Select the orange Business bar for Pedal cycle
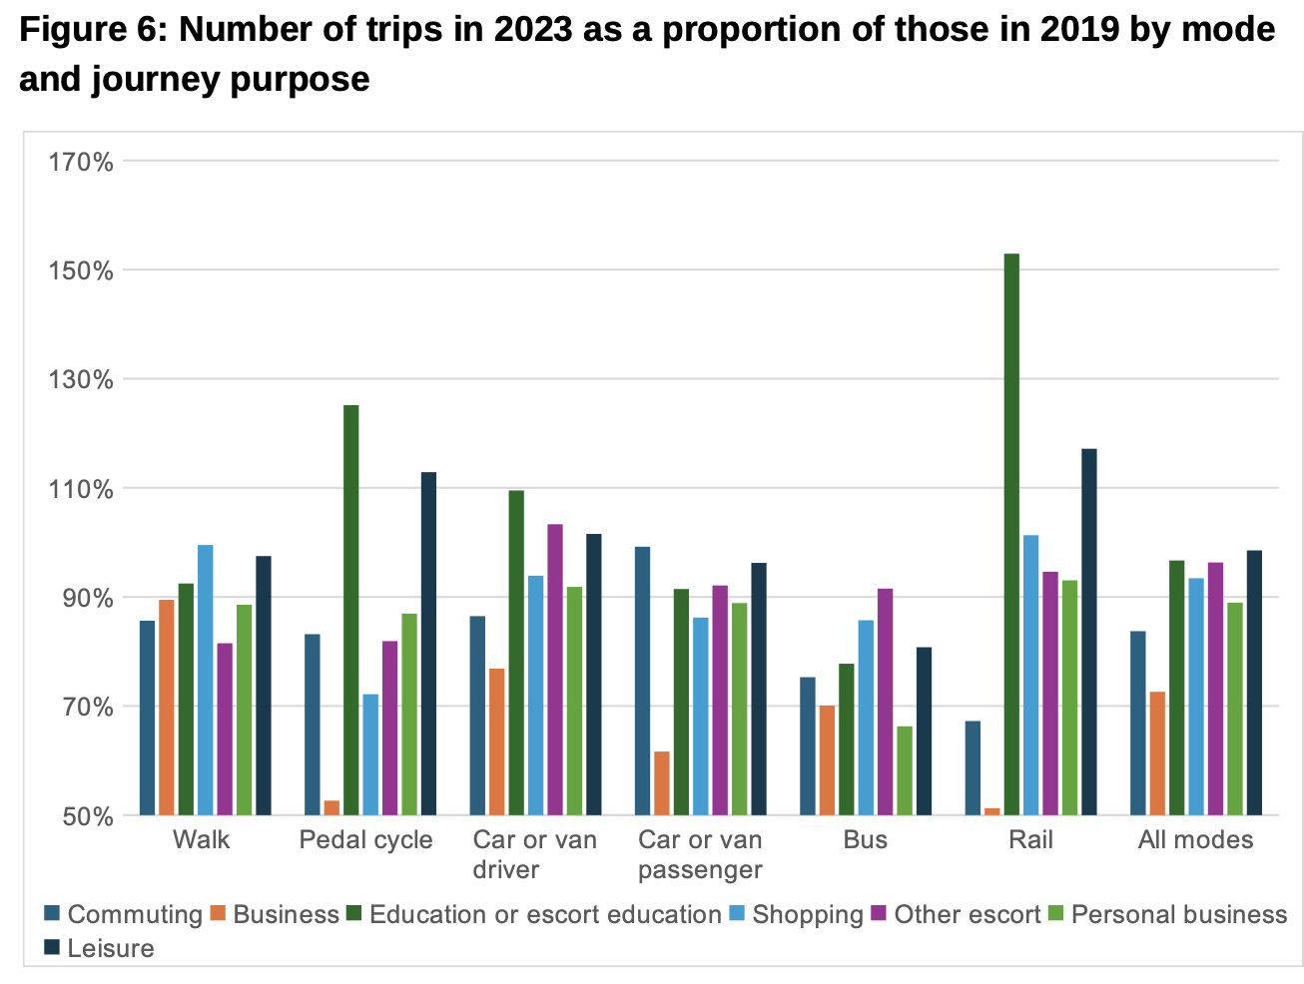tap(331, 807)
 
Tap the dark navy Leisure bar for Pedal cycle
tap(428, 644)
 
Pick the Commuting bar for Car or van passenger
tap(642, 681)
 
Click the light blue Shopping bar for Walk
tap(205, 680)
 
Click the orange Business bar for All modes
tap(1157, 753)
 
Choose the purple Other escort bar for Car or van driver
tap(555, 670)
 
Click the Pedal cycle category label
tap(365, 840)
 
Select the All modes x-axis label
tap(1195, 840)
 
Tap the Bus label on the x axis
tap(865, 840)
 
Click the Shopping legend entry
tap(807, 915)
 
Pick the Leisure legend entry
tap(110, 949)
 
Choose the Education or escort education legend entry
tap(544, 915)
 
